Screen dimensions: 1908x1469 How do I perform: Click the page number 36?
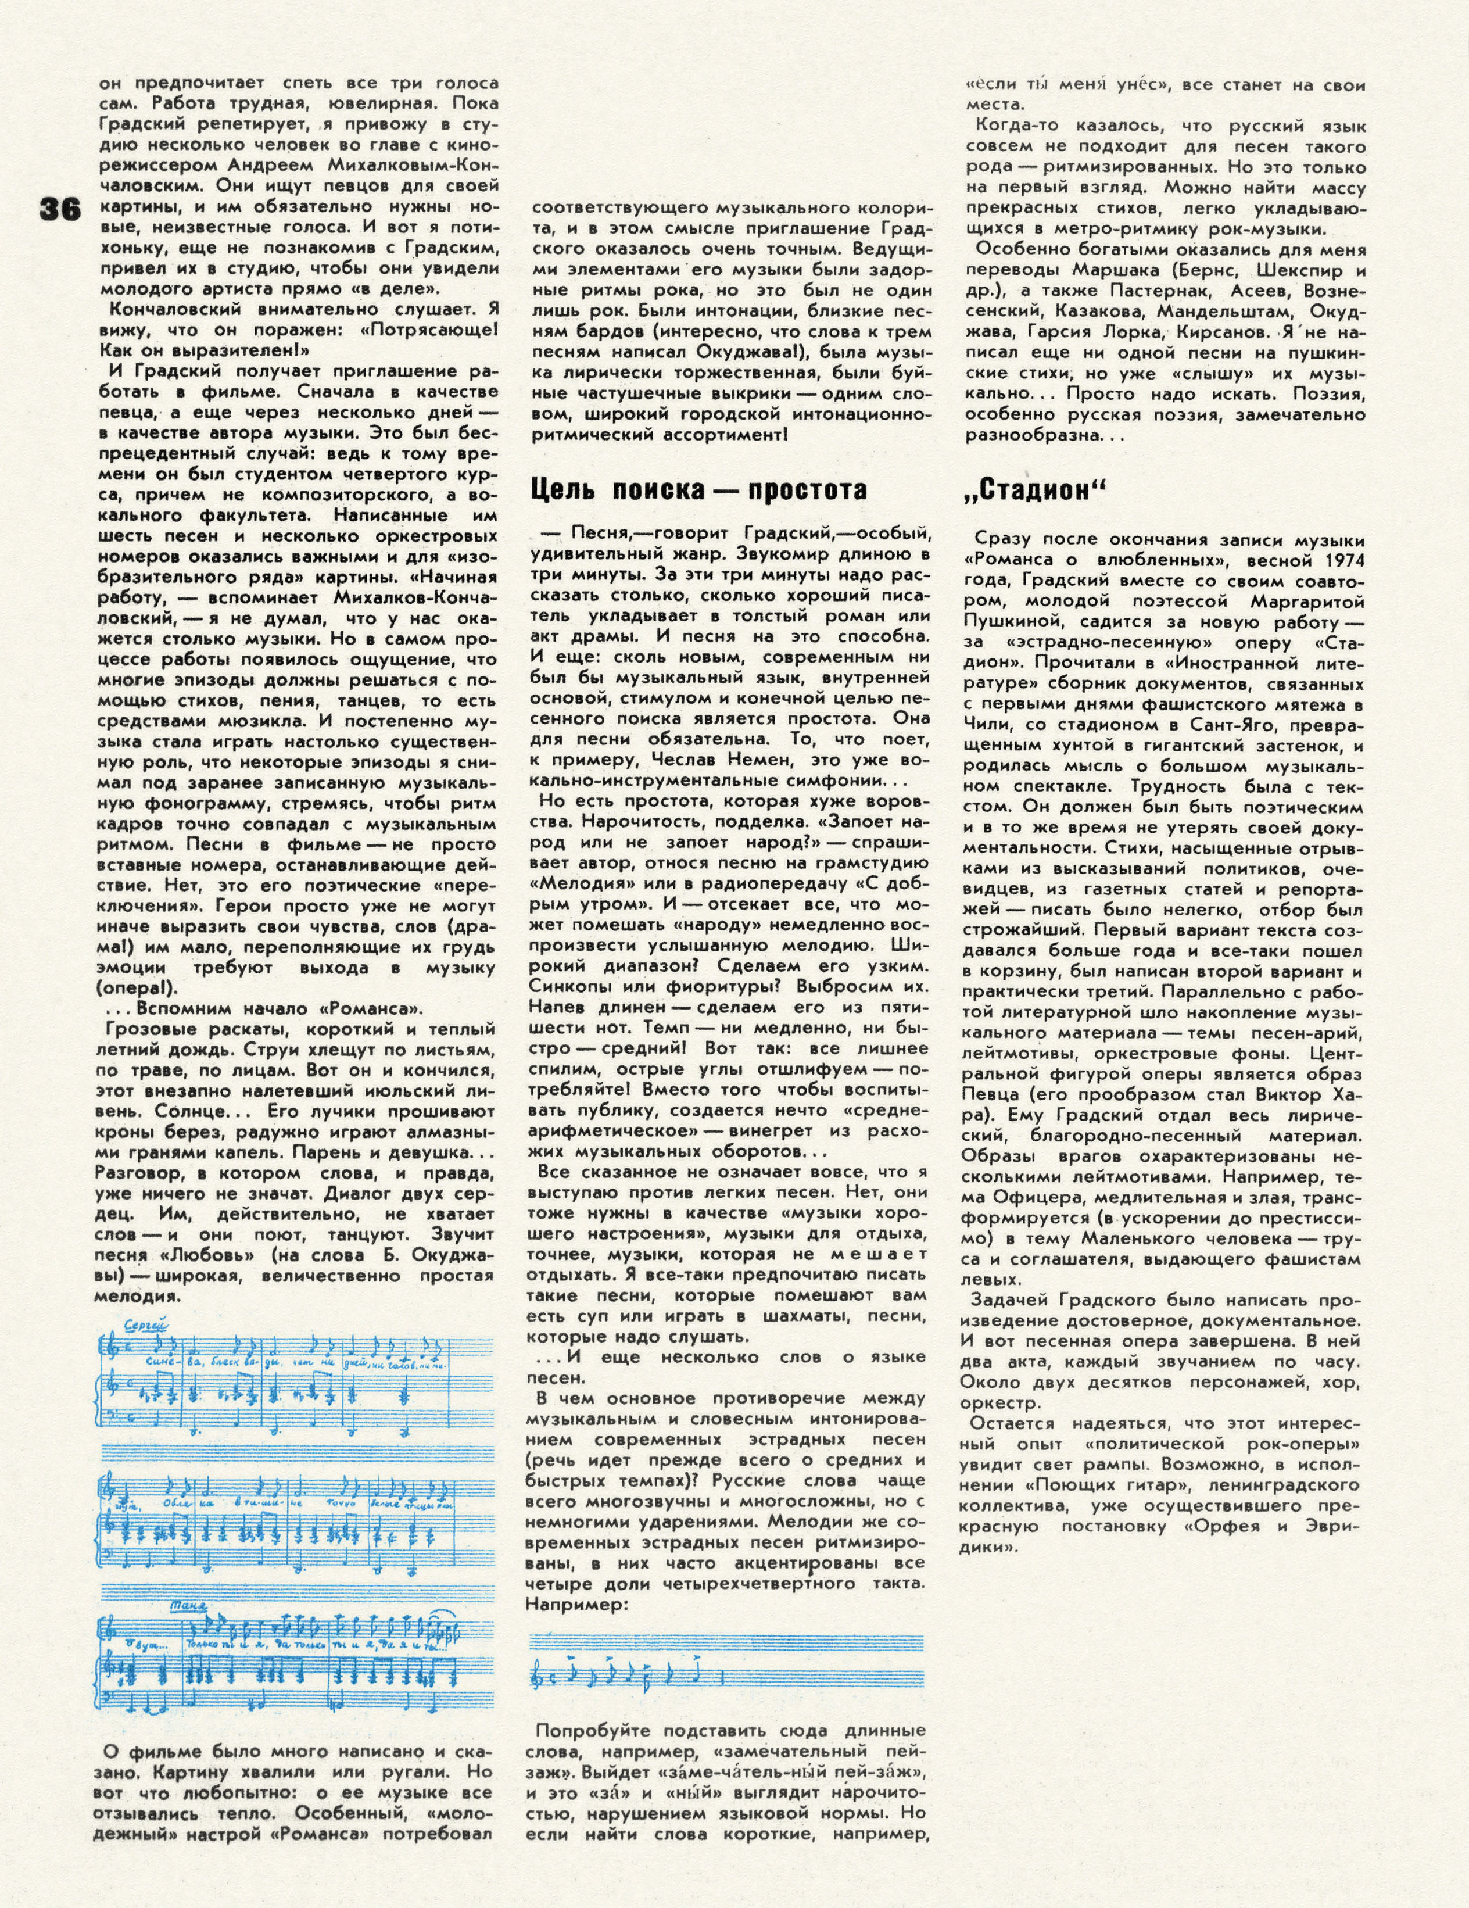point(59,210)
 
